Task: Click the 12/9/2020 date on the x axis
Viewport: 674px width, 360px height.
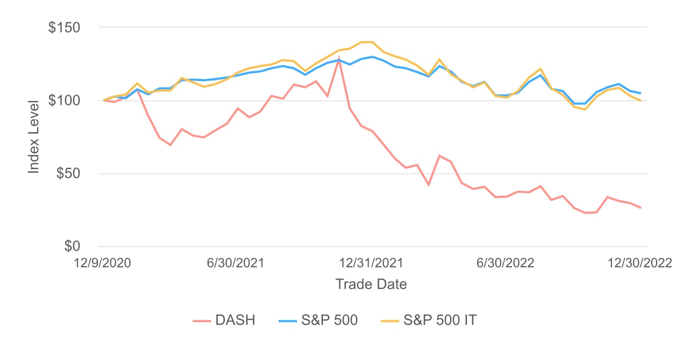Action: click(x=104, y=263)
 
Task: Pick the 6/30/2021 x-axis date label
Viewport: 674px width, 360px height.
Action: click(x=236, y=263)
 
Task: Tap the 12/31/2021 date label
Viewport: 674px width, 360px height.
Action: click(x=372, y=263)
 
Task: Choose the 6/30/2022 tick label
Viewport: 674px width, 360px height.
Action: click(x=505, y=263)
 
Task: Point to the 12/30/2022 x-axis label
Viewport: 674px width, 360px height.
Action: click(x=640, y=263)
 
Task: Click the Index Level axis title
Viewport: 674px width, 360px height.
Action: click(x=34, y=136)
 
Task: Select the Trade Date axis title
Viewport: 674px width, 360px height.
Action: click(x=371, y=284)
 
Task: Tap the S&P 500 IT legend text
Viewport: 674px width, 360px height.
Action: click(x=440, y=320)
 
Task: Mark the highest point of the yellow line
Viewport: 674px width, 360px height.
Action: click(x=367, y=42)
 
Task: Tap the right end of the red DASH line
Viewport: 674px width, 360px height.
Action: click(x=640, y=208)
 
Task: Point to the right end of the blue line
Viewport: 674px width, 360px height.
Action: click(x=640, y=93)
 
